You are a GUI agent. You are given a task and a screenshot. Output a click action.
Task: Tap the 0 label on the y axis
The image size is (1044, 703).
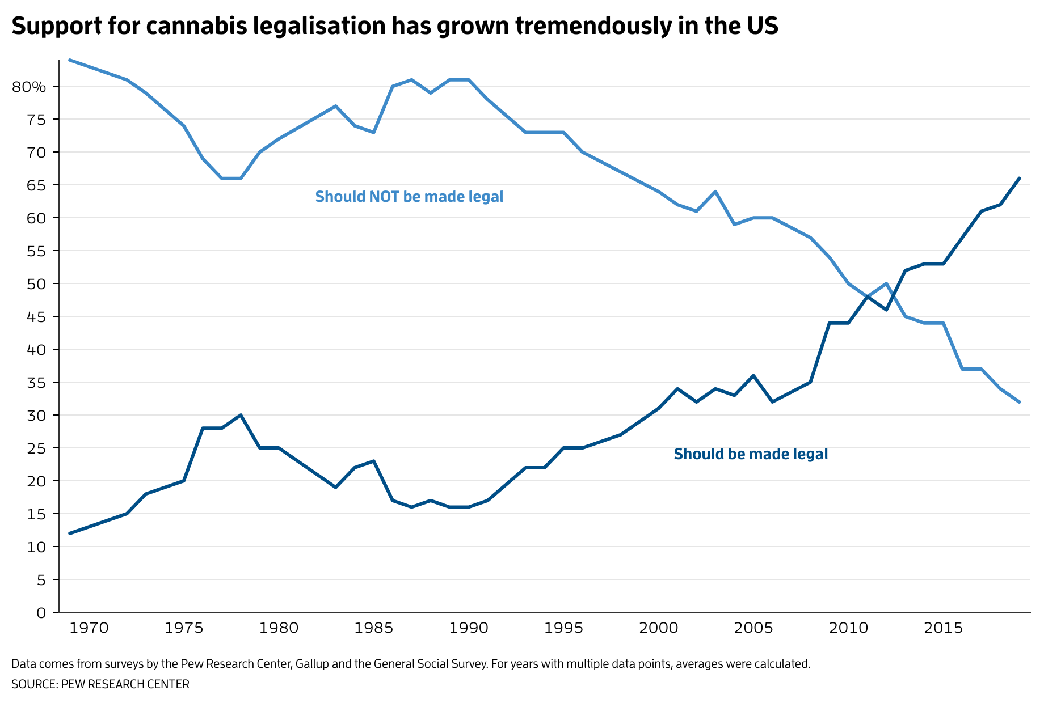tap(41, 613)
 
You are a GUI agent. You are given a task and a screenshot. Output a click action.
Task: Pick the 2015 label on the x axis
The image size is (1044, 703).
tap(943, 628)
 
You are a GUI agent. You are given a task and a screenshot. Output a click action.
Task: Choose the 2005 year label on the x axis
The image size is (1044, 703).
tap(753, 628)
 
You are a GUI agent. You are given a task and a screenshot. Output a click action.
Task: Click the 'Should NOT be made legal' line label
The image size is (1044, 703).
tap(409, 197)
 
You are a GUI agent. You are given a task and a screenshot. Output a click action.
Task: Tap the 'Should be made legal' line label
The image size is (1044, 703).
tap(750, 454)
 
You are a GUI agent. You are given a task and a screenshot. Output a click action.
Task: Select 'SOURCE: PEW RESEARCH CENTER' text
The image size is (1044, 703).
tap(100, 684)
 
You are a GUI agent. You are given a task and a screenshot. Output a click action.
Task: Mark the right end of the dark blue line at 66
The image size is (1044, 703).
tap(1020, 178)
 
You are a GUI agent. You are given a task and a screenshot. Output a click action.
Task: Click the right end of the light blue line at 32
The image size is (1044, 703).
tap(1020, 402)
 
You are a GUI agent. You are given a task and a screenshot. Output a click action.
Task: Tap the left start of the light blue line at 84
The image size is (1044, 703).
tap(69, 60)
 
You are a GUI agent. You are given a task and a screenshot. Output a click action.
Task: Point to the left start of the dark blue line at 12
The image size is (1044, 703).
tap(69, 533)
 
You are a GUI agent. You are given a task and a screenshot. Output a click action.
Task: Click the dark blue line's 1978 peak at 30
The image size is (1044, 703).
tap(241, 415)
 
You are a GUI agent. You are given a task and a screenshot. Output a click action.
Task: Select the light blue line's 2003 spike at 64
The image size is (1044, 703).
tap(715, 192)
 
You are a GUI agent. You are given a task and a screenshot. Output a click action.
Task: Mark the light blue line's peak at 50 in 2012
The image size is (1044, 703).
tap(886, 283)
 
